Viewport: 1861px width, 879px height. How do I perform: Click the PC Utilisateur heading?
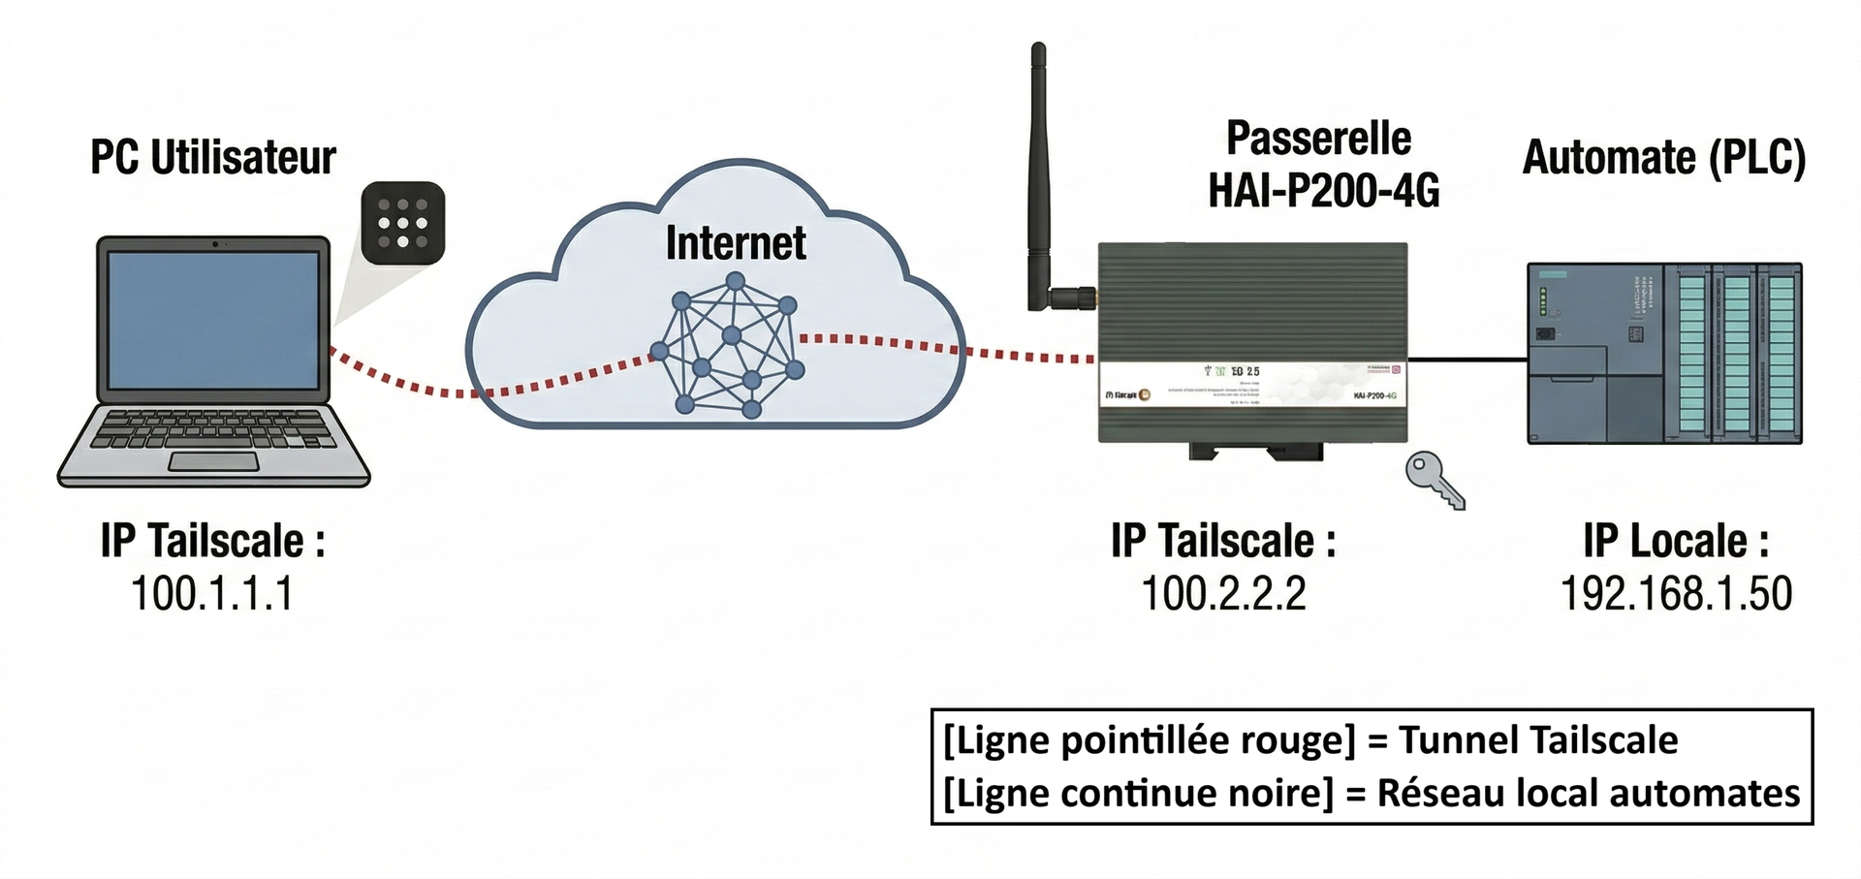(212, 158)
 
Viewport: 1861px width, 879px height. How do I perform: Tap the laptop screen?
(213, 320)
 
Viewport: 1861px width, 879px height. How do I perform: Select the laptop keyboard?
(213, 428)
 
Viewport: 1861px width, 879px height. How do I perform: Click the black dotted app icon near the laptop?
(402, 223)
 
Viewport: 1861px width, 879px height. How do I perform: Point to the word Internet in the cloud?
(735, 243)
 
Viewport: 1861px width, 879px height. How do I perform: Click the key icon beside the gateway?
(1435, 481)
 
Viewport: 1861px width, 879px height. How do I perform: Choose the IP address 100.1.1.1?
(211, 593)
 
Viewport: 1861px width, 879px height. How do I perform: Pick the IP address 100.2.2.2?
(1223, 593)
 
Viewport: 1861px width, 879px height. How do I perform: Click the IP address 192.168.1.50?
(1676, 593)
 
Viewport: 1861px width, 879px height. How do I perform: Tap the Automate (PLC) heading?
(1664, 158)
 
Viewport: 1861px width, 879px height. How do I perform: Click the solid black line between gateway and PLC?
(1467, 360)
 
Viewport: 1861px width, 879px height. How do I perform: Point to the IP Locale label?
(1676, 541)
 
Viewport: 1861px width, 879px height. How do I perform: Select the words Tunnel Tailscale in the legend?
(1538, 740)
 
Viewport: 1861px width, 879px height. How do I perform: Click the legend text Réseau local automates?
(1589, 793)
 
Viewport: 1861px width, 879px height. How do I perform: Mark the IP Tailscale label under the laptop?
(212, 541)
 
